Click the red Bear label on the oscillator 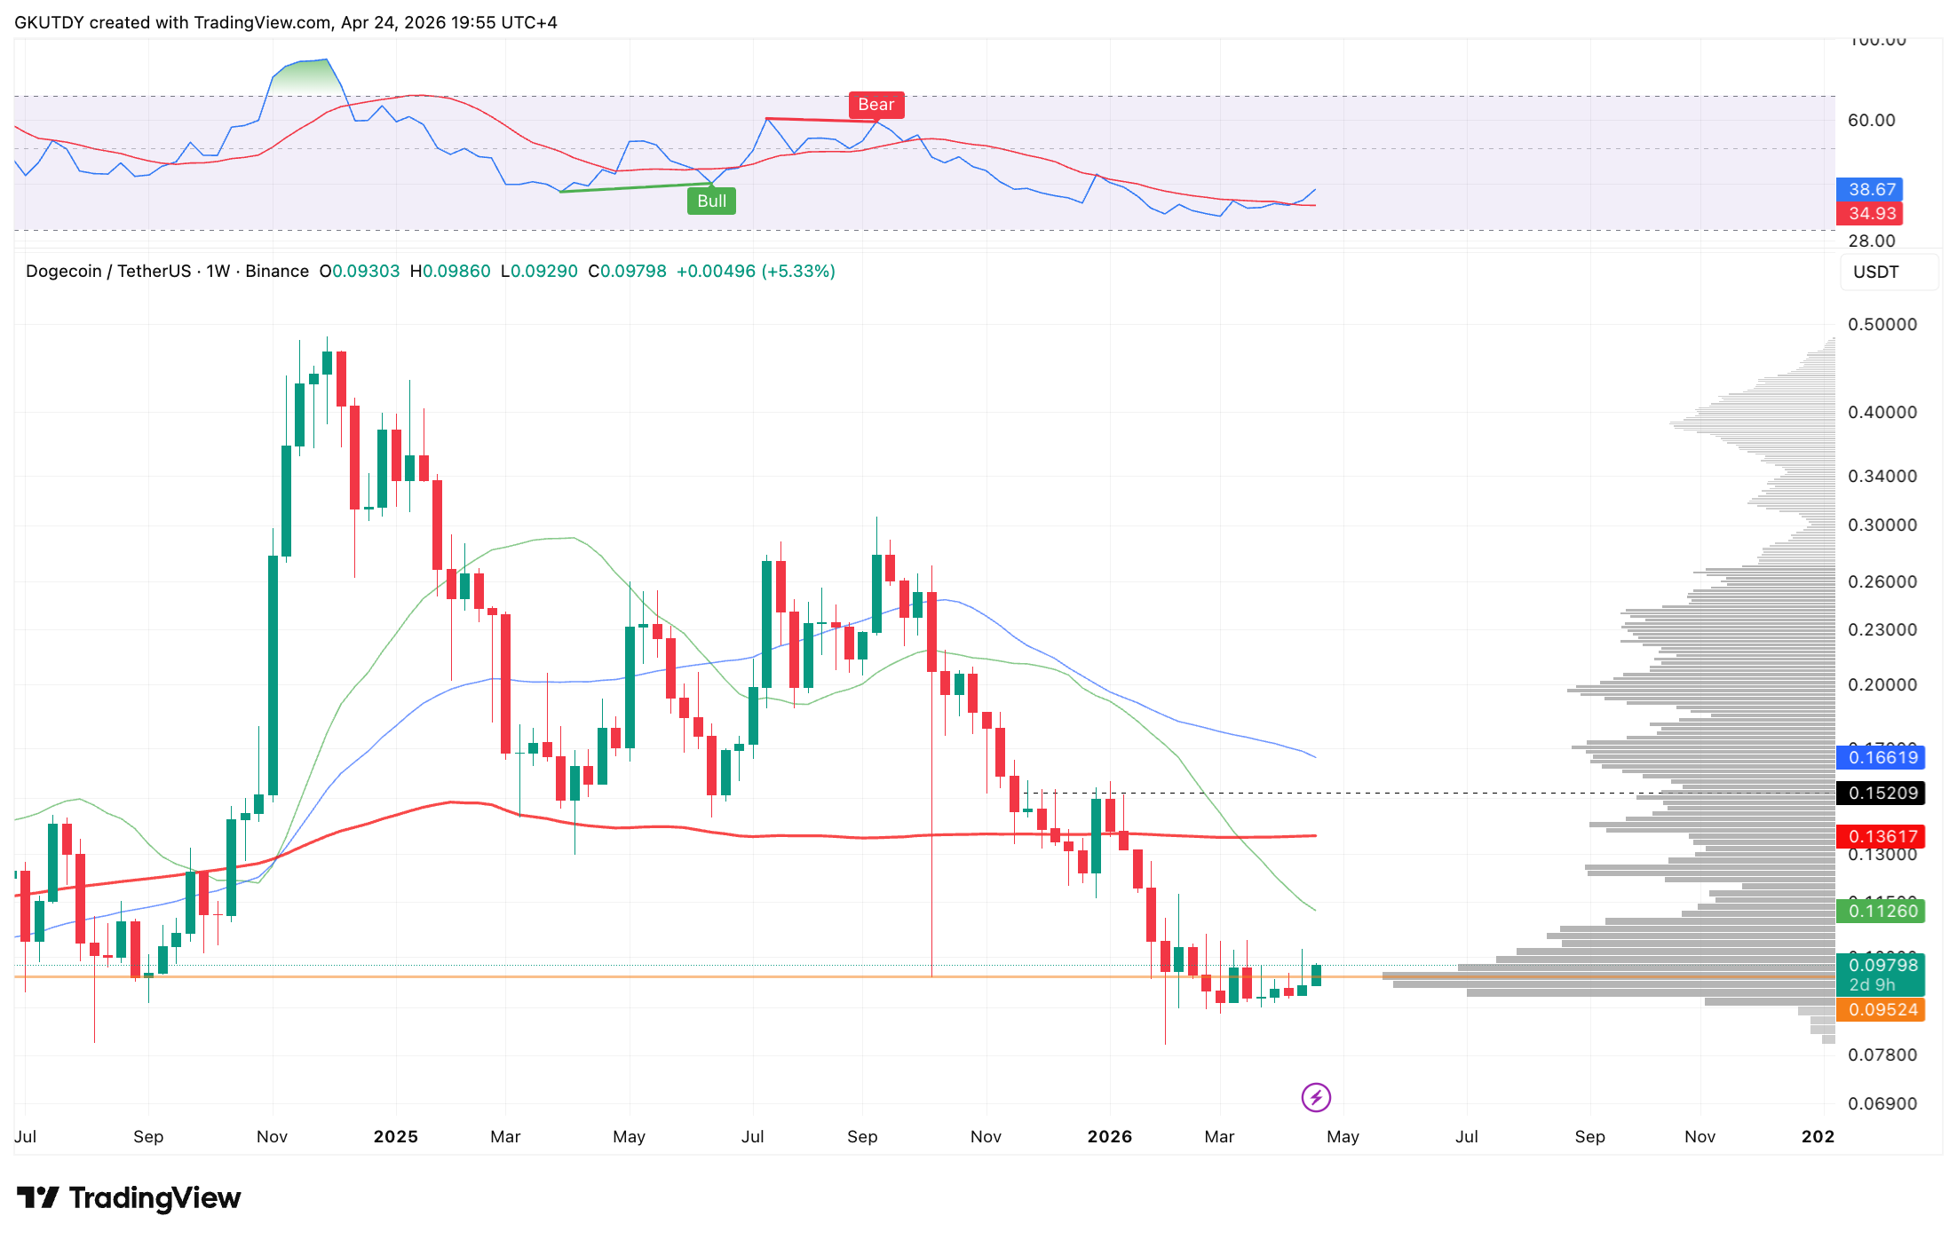(875, 105)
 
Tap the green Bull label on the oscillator (711, 201)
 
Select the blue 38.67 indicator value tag (1871, 189)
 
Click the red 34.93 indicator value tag (1871, 213)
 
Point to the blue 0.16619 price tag (1882, 757)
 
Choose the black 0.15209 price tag (1882, 793)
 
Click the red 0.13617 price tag (1882, 836)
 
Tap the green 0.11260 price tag (1882, 911)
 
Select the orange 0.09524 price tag (1882, 1009)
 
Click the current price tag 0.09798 (1882, 965)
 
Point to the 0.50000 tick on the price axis (1882, 325)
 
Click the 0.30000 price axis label (1882, 525)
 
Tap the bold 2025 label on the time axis (395, 1136)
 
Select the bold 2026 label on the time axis (1109, 1136)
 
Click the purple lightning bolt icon (1315, 1097)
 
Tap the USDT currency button (1875, 272)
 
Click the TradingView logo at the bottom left (129, 1198)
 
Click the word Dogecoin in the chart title (63, 272)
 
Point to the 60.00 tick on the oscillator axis (1871, 121)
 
